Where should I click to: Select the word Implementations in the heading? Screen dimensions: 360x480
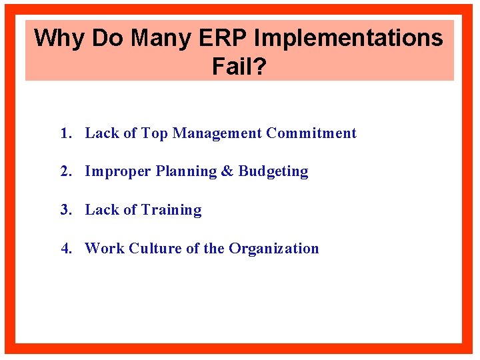click(349, 38)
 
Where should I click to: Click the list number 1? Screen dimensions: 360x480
click(65, 133)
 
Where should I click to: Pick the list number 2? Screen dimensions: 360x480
click(65, 171)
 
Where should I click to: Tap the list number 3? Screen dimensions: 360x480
click(65, 210)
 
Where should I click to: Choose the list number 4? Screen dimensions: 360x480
click(65, 249)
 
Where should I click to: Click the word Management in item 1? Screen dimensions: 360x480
click(217, 133)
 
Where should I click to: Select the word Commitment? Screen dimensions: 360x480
click(311, 133)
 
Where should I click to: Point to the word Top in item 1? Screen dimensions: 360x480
click(155, 133)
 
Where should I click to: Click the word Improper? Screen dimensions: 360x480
click(118, 171)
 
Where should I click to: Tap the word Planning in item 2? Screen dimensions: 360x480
click(186, 171)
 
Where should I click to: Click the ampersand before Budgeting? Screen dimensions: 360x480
click(227, 171)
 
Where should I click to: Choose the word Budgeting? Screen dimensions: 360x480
click(273, 171)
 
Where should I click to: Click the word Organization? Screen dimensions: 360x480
click(274, 249)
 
